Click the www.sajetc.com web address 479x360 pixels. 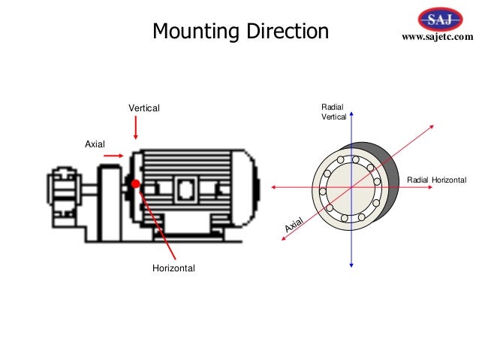coord(438,37)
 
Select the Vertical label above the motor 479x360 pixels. coord(143,109)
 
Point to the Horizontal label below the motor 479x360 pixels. coord(173,268)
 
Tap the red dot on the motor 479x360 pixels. coord(135,183)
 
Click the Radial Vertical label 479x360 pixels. coord(333,113)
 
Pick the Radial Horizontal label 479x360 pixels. coord(436,180)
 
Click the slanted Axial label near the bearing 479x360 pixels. coord(293,223)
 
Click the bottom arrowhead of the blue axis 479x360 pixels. coord(351,264)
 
